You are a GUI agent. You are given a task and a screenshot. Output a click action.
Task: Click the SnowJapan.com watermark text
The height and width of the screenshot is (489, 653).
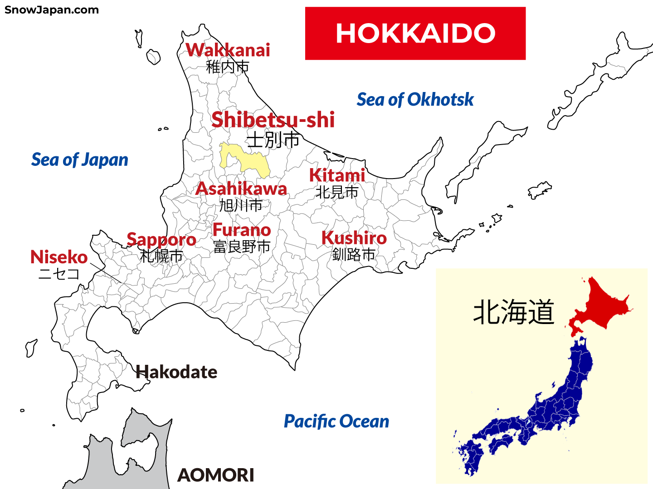tap(51, 10)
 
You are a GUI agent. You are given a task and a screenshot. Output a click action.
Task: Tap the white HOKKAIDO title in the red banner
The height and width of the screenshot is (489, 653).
tap(415, 34)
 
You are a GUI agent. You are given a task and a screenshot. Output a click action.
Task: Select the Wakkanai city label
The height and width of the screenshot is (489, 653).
tap(228, 50)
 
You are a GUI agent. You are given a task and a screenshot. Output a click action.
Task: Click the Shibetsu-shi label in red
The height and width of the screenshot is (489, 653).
tap(273, 120)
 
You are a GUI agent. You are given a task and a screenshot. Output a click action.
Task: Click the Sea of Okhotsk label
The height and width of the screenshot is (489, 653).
tap(415, 100)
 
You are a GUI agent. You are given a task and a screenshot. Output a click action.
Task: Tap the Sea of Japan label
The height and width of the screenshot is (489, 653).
tap(80, 160)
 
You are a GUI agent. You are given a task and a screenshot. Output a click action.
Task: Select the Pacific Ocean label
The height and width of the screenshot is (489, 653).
tap(336, 421)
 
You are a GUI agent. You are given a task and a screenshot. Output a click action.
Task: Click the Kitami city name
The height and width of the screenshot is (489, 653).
tap(337, 175)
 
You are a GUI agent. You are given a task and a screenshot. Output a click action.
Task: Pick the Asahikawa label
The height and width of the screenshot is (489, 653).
tap(241, 189)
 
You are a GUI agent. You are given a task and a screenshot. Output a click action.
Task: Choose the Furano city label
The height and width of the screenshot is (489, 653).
tap(242, 230)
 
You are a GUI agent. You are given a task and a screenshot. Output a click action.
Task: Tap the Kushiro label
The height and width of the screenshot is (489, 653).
tap(354, 238)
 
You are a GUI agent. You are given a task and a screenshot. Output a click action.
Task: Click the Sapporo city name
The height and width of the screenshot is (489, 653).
tap(161, 240)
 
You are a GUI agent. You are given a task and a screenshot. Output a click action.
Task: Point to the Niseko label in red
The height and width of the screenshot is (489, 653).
tap(59, 257)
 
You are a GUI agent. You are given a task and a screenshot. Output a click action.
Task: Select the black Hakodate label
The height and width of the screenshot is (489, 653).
tap(177, 372)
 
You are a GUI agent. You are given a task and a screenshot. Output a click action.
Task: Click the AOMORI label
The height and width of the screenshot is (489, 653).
tap(216, 475)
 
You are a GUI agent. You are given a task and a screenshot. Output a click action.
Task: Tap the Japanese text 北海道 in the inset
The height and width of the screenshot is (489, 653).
tap(513, 312)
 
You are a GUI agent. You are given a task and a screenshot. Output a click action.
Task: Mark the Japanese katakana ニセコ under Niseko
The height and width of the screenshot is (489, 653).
tap(59, 274)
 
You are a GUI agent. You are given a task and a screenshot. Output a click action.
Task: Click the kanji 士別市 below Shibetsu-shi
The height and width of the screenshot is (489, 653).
tap(273, 140)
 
